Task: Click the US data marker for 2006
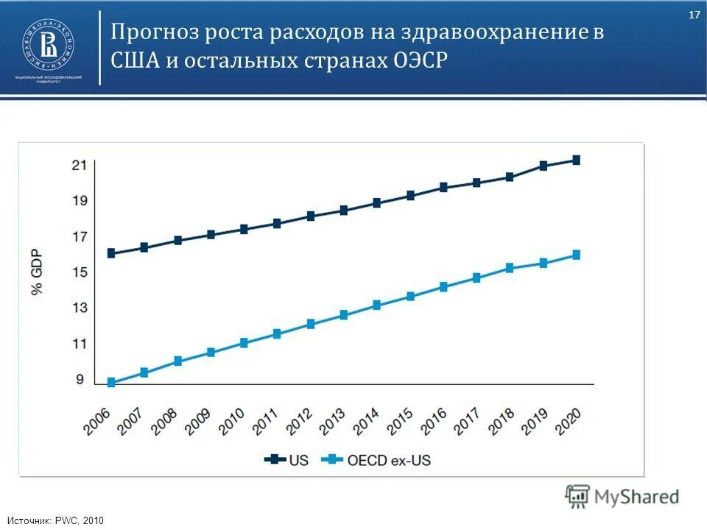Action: [x=111, y=253]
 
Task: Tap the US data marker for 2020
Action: [x=576, y=160]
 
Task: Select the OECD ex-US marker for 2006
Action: [x=111, y=382]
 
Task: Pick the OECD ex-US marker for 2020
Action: [x=576, y=255]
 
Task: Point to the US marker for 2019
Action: [x=543, y=166]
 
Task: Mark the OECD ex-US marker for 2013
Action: [x=344, y=315]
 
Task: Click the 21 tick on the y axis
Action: [x=80, y=165]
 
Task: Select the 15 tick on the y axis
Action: [x=80, y=272]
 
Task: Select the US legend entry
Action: [x=287, y=460]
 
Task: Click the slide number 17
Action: [x=694, y=15]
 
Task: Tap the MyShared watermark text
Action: [x=636, y=497]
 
